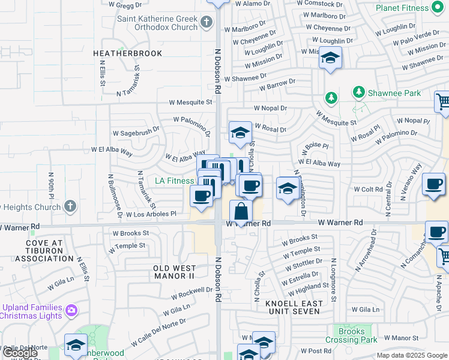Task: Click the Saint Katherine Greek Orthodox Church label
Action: (x=157, y=23)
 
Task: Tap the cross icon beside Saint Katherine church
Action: (x=206, y=23)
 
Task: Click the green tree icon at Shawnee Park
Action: (x=359, y=92)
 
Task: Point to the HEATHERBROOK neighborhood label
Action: (x=127, y=53)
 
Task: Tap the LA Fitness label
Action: (x=175, y=181)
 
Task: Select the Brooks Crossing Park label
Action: (x=351, y=335)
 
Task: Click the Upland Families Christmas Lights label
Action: (x=32, y=311)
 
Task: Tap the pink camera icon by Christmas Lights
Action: (x=71, y=311)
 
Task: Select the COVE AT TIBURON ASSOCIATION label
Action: (x=44, y=250)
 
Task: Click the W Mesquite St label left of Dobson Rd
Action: (x=190, y=102)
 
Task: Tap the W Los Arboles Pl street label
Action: (x=151, y=213)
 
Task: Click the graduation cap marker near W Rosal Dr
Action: (x=240, y=133)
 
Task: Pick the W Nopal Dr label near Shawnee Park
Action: (x=270, y=109)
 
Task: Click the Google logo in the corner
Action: (x=20, y=353)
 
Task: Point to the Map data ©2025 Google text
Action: (x=411, y=355)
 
